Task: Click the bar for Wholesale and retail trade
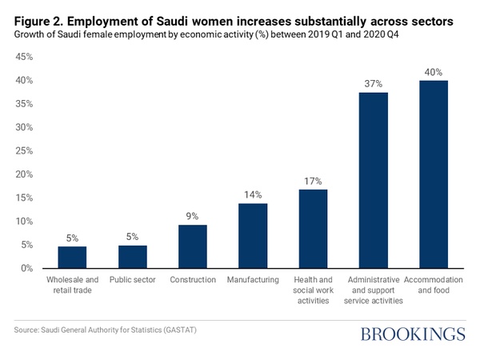coord(72,257)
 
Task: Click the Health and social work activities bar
coord(313,228)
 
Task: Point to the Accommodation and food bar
coord(433,174)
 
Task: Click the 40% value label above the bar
coord(433,72)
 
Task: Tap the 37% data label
coord(373,83)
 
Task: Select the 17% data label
coord(313,181)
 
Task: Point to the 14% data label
coord(253,194)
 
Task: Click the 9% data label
coord(192,216)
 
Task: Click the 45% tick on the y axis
coord(22,57)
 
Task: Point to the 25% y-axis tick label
coord(22,150)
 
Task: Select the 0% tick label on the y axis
coord(25,268)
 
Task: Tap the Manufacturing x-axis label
coord(253,280)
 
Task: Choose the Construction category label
coord(192,280)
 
